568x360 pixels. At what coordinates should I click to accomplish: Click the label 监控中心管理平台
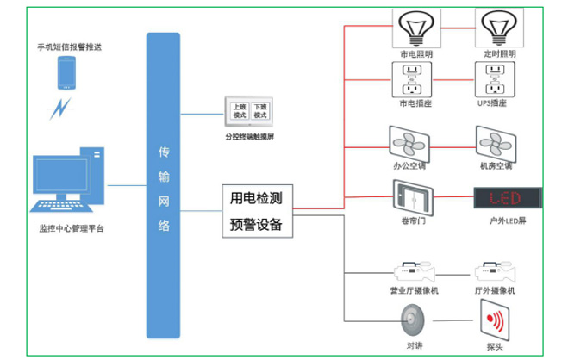[72, 229]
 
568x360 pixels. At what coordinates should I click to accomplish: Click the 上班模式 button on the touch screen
[239, 110]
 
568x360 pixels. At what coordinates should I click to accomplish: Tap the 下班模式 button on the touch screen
[259, 110]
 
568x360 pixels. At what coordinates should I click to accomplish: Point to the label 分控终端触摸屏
[248, 136]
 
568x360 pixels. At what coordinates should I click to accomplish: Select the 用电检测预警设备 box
[256, 211]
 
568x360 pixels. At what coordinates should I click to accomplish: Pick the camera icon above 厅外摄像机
[496, 271]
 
